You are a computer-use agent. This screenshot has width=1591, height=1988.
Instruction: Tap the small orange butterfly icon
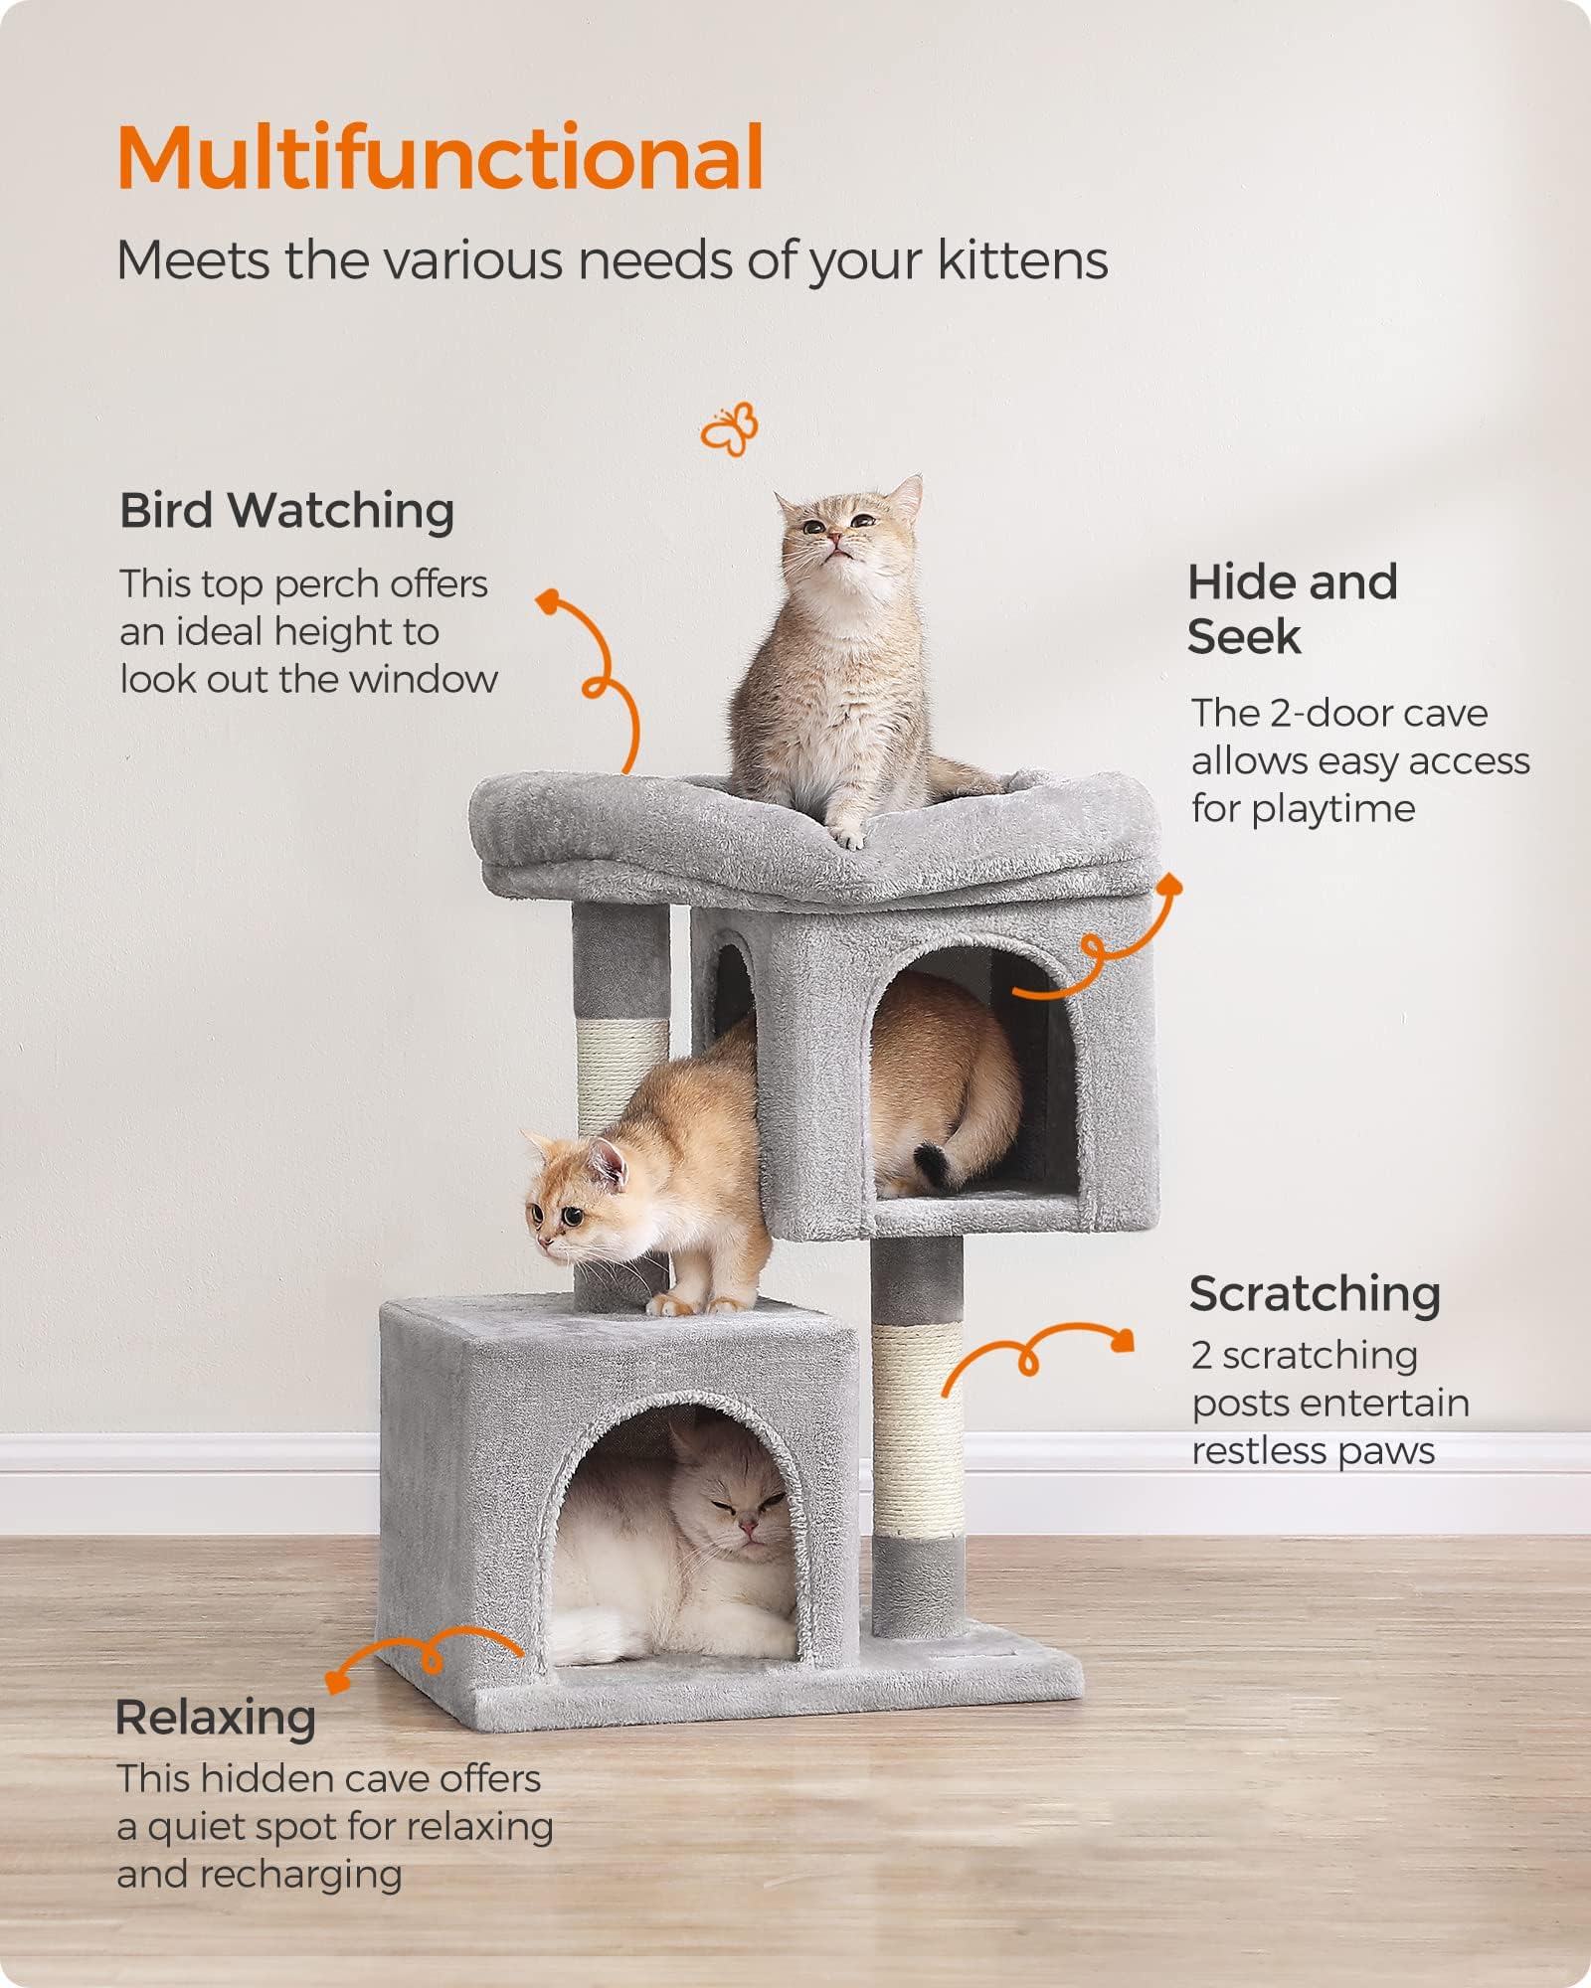click(x=729, y=429)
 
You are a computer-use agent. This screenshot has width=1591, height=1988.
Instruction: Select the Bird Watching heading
click(x=286, y=511)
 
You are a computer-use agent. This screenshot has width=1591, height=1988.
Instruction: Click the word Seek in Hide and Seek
click(x=1244, y=637)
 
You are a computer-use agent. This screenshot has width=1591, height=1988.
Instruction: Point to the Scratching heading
click(x=1315, y=1294)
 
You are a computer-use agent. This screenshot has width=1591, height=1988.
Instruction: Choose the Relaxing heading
click(x=216, y=1718)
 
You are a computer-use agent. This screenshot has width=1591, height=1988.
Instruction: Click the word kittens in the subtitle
click(x=1022, y=261)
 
